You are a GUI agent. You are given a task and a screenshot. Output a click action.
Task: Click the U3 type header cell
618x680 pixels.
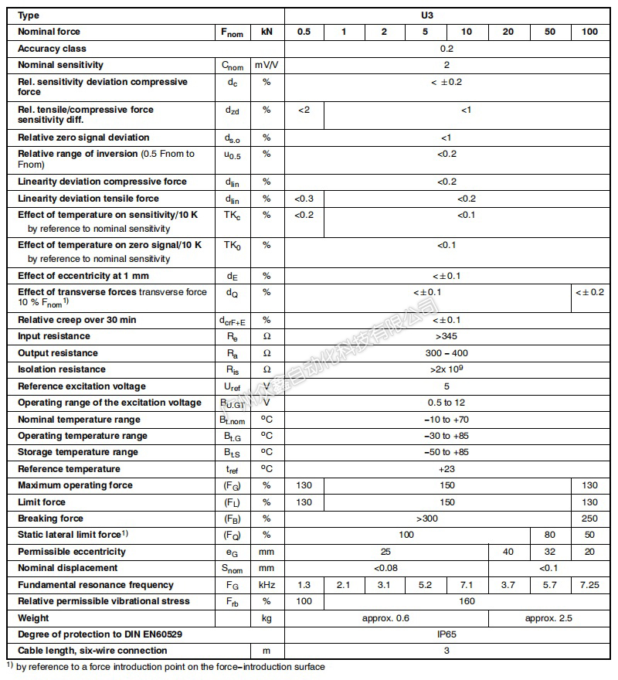point(447,15)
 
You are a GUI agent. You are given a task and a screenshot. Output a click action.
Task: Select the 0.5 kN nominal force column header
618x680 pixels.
point(304,32)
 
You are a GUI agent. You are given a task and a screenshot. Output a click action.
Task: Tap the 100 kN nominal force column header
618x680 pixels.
point(590,32)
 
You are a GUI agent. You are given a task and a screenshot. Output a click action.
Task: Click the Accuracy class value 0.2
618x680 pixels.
point(447,49)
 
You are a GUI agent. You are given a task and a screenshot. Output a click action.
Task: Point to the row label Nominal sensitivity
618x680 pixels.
point(60,65)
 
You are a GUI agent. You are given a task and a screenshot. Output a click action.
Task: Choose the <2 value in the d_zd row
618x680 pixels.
point(304,110)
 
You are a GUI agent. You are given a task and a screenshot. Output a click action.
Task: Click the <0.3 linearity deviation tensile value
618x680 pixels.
point(304,199)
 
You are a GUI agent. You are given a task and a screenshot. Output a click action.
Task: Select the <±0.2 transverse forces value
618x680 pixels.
point(590,292)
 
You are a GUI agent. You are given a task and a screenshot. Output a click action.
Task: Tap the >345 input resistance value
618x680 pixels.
point(447,337)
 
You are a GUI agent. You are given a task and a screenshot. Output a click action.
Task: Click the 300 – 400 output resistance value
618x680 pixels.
point(447,353)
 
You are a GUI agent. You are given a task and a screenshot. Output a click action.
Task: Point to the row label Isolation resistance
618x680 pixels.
point(61,369)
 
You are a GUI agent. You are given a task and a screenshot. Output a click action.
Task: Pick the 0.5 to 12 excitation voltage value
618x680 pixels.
point(447,403)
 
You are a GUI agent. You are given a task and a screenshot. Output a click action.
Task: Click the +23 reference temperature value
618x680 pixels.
point(447,469)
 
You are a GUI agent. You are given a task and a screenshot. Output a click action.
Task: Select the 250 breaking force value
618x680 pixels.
point(590,518)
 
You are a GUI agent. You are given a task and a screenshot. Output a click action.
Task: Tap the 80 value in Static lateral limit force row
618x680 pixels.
point(550,535)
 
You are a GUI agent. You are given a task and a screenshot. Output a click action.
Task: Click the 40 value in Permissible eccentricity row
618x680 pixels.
point(509,552)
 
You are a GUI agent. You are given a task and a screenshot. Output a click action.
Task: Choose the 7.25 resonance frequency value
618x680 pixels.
point(590,585)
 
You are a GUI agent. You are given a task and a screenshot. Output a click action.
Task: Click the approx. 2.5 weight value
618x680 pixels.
point(549,618)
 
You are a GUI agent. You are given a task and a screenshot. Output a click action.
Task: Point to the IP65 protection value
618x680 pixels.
point(447,634)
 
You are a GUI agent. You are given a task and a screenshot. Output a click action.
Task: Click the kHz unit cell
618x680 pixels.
point(267,585)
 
